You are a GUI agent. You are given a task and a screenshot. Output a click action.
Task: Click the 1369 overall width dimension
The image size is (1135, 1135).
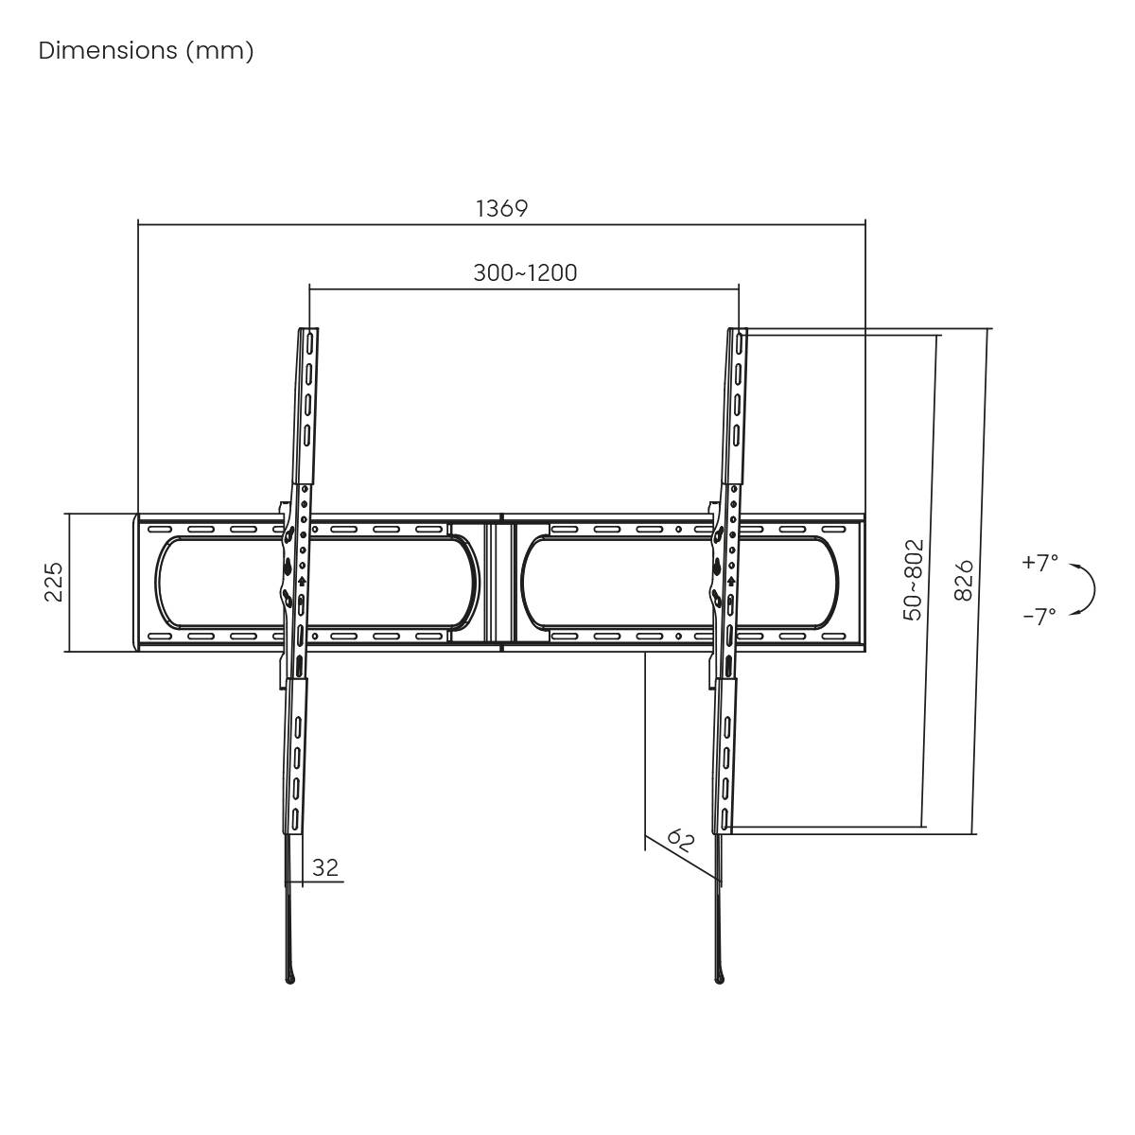click(x=501, y=208)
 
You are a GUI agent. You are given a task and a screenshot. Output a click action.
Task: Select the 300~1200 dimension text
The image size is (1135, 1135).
click(x=525, y=272)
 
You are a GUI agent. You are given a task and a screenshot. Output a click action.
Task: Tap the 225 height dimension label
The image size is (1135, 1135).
click(x=53, y=582)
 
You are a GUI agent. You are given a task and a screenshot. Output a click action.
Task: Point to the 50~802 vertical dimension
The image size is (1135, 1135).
click(x=913, y=579)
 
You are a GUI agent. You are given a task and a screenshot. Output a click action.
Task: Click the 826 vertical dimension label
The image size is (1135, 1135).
click(x=964, y=579)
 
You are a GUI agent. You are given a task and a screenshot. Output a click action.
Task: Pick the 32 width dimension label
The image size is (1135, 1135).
click(x=324, y=867)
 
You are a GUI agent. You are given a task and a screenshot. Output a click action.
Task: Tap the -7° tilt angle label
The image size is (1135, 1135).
click(x=1039, y=617)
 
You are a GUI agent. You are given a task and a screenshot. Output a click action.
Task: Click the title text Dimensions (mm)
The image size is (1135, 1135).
click(x=146, y=51)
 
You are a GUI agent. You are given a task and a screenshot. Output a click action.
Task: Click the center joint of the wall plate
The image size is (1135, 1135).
click(x=500, y=582)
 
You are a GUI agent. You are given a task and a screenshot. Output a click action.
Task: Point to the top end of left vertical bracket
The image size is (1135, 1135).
click(x=309, y=333)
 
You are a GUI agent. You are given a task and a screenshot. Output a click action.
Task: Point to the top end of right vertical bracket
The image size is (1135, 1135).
click(x=738, y=333)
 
